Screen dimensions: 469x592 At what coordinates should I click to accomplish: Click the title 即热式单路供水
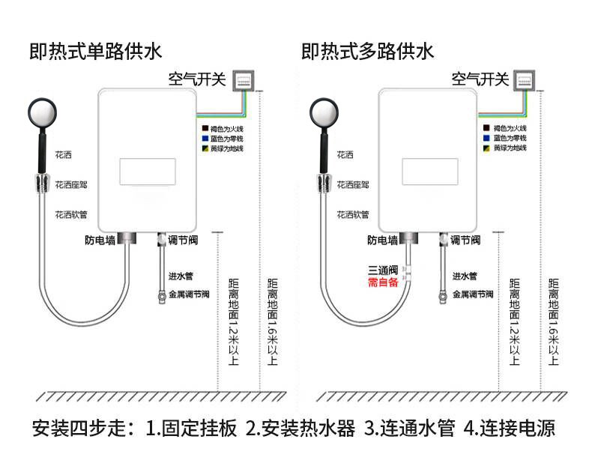(x=95, y=52)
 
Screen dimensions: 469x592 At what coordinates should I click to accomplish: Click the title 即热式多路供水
(x=367, y=52)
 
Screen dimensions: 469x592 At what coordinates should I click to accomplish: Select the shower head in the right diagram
(x=324, y=113)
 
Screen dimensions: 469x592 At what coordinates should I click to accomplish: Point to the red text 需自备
(x=382, y=282)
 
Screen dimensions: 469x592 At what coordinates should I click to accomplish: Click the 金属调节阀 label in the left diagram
(x=189, y=294)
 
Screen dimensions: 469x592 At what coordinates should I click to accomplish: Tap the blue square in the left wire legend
(x=203, y=139)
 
